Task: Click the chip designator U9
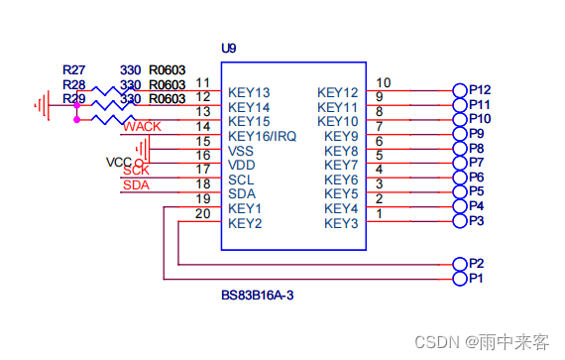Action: pos(229,49)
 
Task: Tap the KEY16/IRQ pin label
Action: pos(262,136)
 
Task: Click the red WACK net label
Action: pos(142,127)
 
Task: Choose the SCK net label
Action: pos(136,171)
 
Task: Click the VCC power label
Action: pos(119,162)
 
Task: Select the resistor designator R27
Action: pos(73,70)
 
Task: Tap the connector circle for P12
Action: pos(459,90)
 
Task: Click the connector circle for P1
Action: pos(459,280)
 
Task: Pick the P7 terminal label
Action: pos(476,162)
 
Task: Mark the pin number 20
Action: pos(202,213)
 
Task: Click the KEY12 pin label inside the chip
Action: pos(337,93)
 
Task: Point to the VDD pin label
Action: pos(242,165)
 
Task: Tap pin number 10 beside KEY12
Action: pos(384,82)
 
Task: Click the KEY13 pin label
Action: pos(249,93)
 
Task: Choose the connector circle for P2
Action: pos(459,265)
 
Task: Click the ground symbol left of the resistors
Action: pos(42,102)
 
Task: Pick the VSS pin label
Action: pos(242,151)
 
